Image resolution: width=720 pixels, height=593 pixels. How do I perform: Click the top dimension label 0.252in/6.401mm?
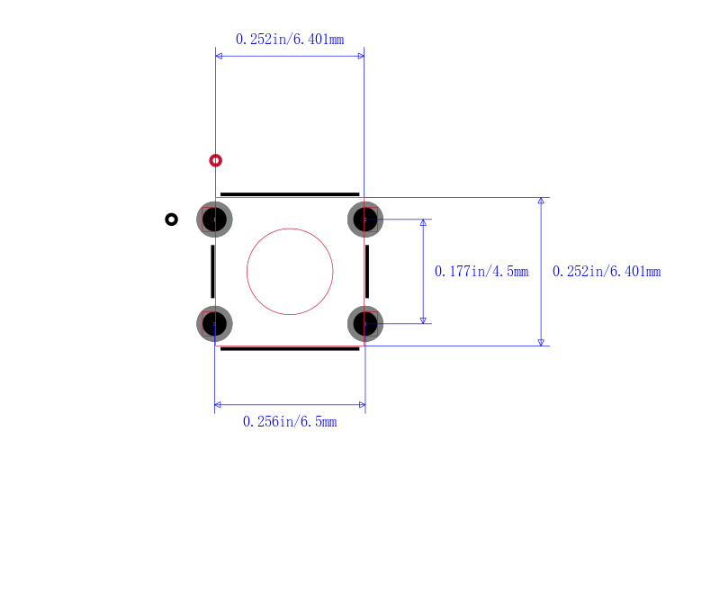(x=290, y=40)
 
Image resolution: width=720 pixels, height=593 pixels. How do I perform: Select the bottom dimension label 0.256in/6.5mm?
(x=290, y=422)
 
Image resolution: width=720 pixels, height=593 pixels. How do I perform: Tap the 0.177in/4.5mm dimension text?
(x=481, y=272)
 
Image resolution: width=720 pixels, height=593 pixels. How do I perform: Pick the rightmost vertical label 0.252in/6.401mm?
(x=607, y=272)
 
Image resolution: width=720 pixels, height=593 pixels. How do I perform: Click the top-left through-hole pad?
(x=214, y=220)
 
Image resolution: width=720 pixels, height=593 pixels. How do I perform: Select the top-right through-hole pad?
(x=365, y=220)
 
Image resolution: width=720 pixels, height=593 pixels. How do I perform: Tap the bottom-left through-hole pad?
(x=214, y=324)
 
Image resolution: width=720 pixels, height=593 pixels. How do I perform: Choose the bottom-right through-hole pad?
(x=365, y=324)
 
